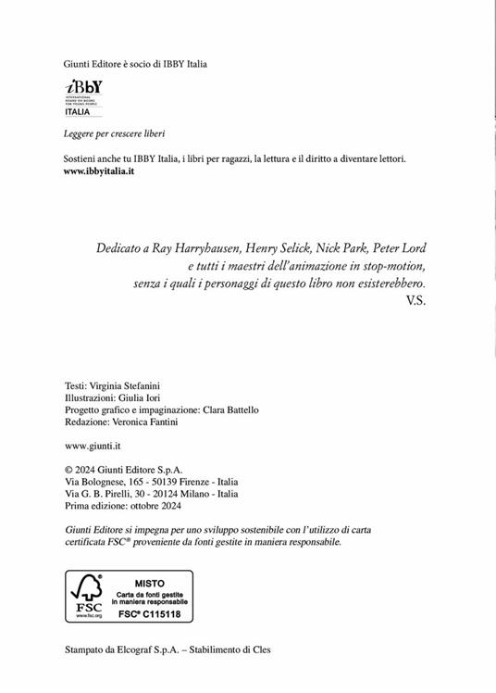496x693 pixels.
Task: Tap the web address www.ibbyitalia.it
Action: click(x=99, y=173)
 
